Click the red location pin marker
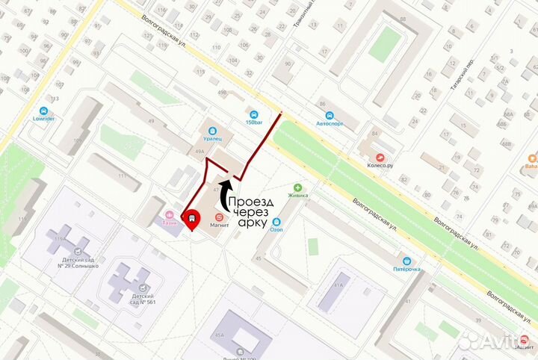click(193, 217)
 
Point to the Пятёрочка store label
click(407, 268)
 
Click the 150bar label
click(255, 122)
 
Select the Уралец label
click(215, 139)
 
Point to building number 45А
click(220, 335)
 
